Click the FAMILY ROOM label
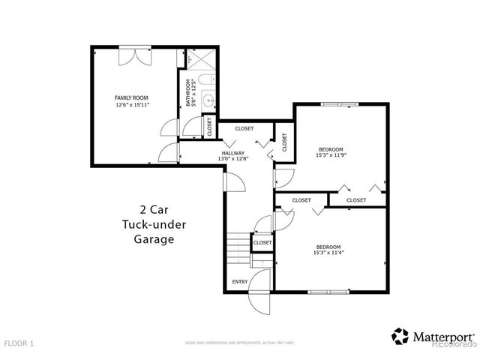(132, 97)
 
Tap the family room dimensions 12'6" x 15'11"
(132, 105)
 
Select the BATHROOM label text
(188, 93)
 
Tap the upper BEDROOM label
(331, 148)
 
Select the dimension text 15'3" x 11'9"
(331, 154)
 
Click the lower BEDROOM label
(328, 247)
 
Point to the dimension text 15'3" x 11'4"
(328, 253)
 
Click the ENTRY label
(240, 281)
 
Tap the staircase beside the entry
(237, 250)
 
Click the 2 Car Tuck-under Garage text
(148, 224)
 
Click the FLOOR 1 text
(19, 343)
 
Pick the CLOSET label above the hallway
(244, 129)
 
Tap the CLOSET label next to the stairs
(262, 242)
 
